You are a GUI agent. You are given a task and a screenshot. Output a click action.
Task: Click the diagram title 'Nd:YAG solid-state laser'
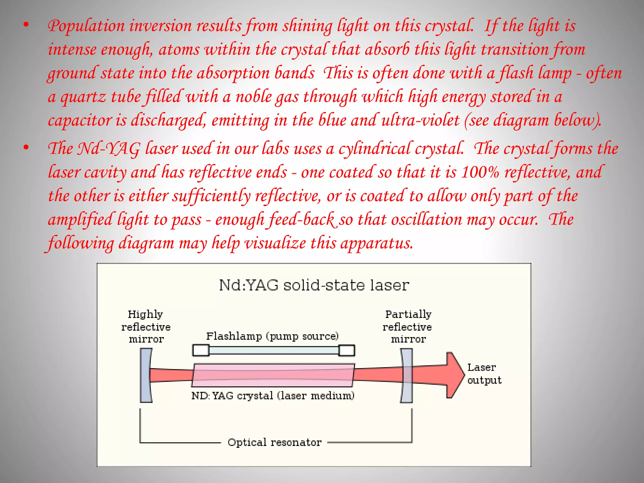(314, 285)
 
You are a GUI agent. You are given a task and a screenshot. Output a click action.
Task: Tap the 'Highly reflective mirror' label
(146, 327)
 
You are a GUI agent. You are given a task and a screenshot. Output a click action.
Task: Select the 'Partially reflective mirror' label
(408, 327)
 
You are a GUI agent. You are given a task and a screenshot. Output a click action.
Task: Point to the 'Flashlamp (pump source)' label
(272, 336)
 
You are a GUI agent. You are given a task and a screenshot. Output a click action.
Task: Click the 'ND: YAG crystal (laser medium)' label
(273, 396)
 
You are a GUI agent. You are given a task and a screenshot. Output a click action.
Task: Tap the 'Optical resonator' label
(275, 442)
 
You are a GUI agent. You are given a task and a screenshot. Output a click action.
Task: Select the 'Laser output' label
(484, 374)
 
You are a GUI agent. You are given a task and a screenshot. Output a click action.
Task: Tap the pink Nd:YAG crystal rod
(273, 375)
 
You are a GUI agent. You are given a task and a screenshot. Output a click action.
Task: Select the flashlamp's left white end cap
(201, 350)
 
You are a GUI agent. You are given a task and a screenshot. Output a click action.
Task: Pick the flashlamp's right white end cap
(347, 350)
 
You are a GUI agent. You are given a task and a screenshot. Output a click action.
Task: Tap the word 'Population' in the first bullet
(86, 26)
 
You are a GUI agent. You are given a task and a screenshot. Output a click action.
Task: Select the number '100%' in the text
(480, 172)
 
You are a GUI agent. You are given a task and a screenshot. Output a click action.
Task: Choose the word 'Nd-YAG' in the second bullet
(108, 149)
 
